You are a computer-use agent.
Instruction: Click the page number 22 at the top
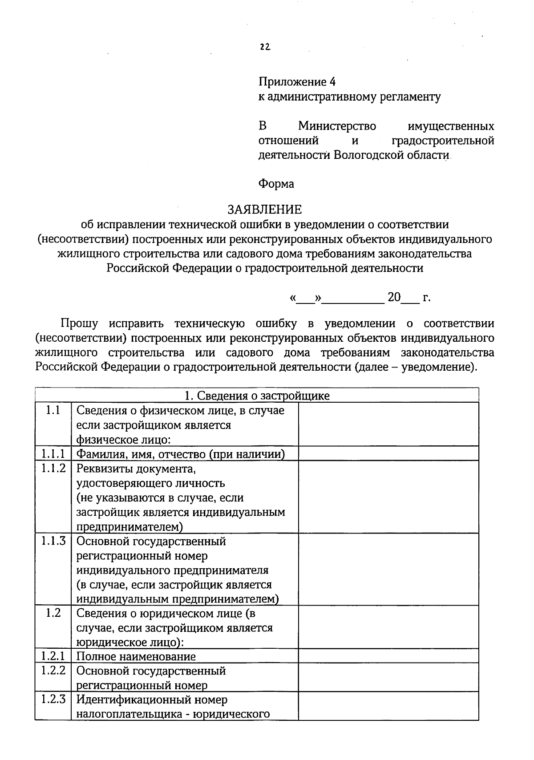coord(265,47)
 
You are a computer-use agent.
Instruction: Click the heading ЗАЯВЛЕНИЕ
coord(264,209)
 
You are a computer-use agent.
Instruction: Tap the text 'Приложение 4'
coord(297,82)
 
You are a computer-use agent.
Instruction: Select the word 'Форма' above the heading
coord(276,184)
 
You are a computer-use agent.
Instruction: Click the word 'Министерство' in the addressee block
coord(337,126)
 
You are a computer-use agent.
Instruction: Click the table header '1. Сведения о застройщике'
coord(257,396)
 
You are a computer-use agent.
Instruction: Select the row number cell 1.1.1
coord(53,453)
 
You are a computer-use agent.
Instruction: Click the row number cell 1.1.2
coord(53,468)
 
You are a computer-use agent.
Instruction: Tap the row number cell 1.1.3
coord(53,541)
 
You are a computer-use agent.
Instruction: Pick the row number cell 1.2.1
coord(53,655)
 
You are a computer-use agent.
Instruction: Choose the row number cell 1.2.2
coord(53,670)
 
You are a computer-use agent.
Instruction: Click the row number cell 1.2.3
coord(53,699)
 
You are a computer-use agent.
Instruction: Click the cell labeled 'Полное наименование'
coord(136,656)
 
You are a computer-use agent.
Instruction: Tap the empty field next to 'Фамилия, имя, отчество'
coord(388,453)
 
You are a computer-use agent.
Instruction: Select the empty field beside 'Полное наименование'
coord(388,655)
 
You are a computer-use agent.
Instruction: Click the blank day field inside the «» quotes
coord(305,298)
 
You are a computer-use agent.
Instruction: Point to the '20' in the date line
coord(394,297)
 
